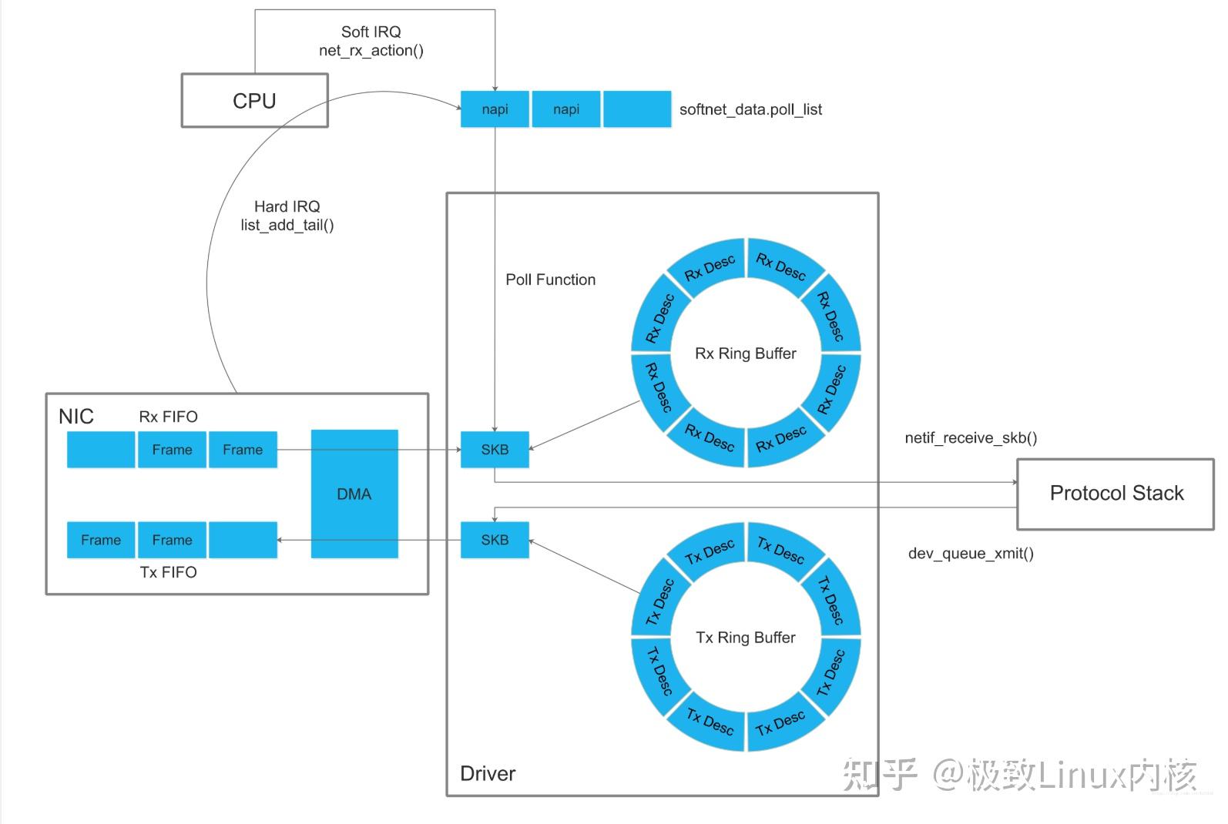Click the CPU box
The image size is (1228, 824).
coord(255,101)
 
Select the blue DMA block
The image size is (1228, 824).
coord(354,494)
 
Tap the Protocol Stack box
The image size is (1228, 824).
coord(1116,494)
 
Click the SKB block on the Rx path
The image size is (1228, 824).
coord(495,450)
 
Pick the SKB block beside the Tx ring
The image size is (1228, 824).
coord(495,540)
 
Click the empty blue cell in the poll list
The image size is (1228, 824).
coord(637,109)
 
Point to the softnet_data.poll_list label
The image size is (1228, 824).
coord(750,109)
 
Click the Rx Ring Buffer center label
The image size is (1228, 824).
coord(746,353)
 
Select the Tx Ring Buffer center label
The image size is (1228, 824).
coord(746,637)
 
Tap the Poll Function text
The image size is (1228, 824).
coord(550,280)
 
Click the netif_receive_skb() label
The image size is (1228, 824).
coord(971,437)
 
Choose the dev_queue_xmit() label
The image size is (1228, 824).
coord(971,554)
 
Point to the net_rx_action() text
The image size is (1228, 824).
coord(371,50)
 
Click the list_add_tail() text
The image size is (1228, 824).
coord(287,225)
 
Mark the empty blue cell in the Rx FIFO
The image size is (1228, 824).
coord(101,450)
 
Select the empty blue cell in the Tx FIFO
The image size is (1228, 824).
coord(243,540)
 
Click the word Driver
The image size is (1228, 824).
coord(488,774)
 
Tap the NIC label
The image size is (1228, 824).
coord(76,417)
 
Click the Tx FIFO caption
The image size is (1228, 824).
coord(168,572)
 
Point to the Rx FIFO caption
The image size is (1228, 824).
coord(168,417)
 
